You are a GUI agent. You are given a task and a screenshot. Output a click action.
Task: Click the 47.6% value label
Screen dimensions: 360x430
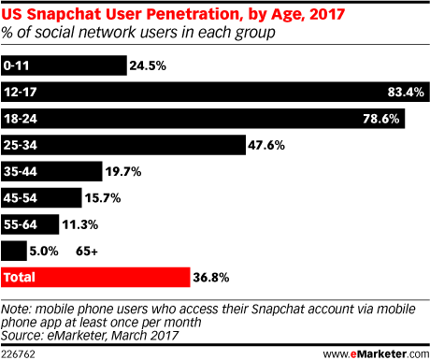tap(265, 145)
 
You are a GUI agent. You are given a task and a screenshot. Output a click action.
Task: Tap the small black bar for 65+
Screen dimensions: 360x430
tap(14, 251)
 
